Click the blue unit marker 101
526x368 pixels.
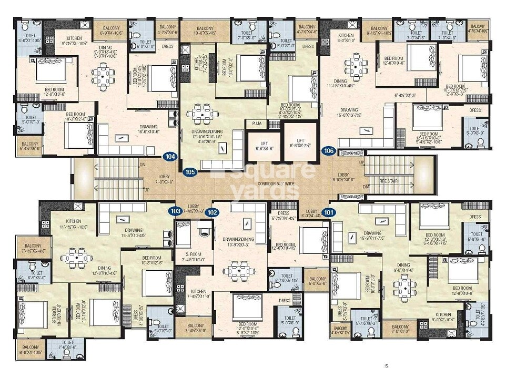tap(329, 212)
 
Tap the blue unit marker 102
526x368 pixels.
tap(212, 212)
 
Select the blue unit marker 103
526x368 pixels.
tap(175, 211)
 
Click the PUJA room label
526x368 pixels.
tap(257, 124)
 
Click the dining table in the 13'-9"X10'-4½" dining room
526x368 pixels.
tap(77, 258)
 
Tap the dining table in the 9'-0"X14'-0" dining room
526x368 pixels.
tap(404, 287)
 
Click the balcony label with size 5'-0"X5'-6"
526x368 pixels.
tap(318, 281)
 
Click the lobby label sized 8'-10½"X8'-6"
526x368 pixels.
tap(343, 177)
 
